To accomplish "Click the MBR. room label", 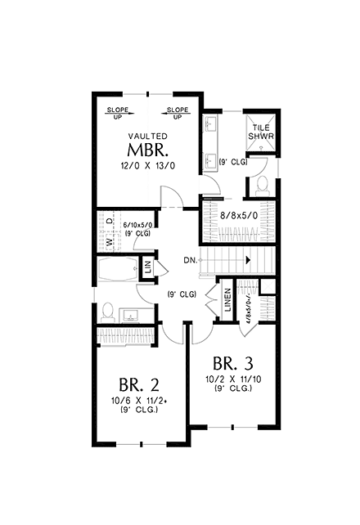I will tap(148, 150).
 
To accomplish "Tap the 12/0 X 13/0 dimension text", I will tap(148, 166).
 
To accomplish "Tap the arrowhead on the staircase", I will tap(247, 260).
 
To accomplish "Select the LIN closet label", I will tap(148, 266).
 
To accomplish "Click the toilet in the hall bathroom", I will tap(106, 312).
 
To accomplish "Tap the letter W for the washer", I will tap(110, 243).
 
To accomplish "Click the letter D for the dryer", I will tap(110, 221).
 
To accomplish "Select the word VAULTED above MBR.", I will tap(148, 136).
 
